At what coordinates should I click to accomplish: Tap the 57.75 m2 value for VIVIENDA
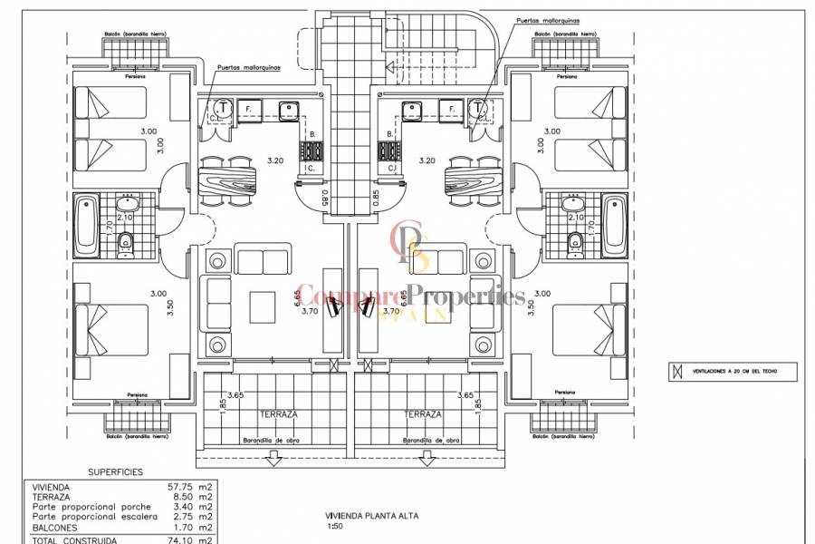193,487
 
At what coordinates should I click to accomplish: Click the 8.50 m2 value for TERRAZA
193,497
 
